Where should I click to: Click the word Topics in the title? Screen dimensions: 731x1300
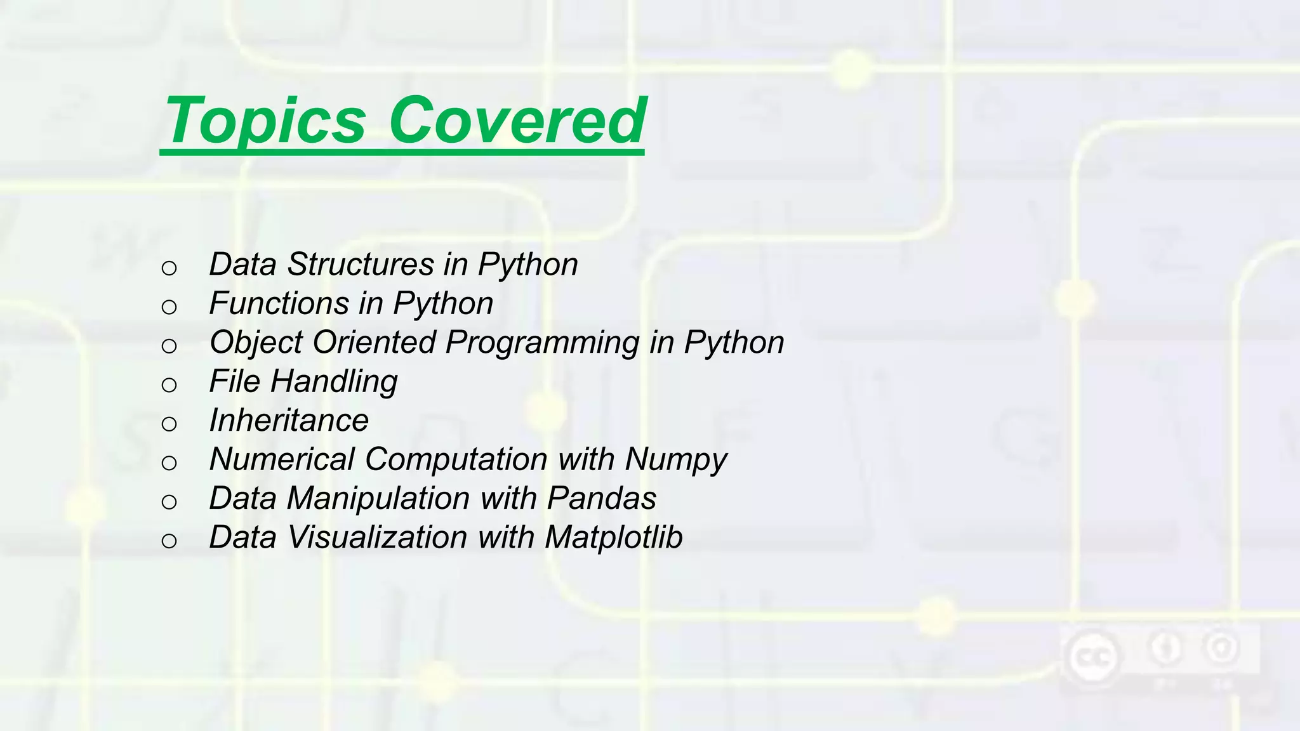(265, 121)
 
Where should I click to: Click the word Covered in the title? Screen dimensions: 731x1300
(517, 121)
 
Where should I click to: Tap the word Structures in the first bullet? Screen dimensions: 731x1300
(361, 265)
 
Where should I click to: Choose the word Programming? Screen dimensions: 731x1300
(542, 343)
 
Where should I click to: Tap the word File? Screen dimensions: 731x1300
(234, 381)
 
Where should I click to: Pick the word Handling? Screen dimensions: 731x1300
(334, 382)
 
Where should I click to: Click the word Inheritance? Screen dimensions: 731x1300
(289, 420)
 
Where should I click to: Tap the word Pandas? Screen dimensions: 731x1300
(601, 499)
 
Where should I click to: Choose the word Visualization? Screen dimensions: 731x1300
(377, 537)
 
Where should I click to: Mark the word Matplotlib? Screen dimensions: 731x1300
(613, 537)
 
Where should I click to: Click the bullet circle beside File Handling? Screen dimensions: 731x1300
(169, 385)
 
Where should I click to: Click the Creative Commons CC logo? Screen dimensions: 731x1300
(1092, 656)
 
